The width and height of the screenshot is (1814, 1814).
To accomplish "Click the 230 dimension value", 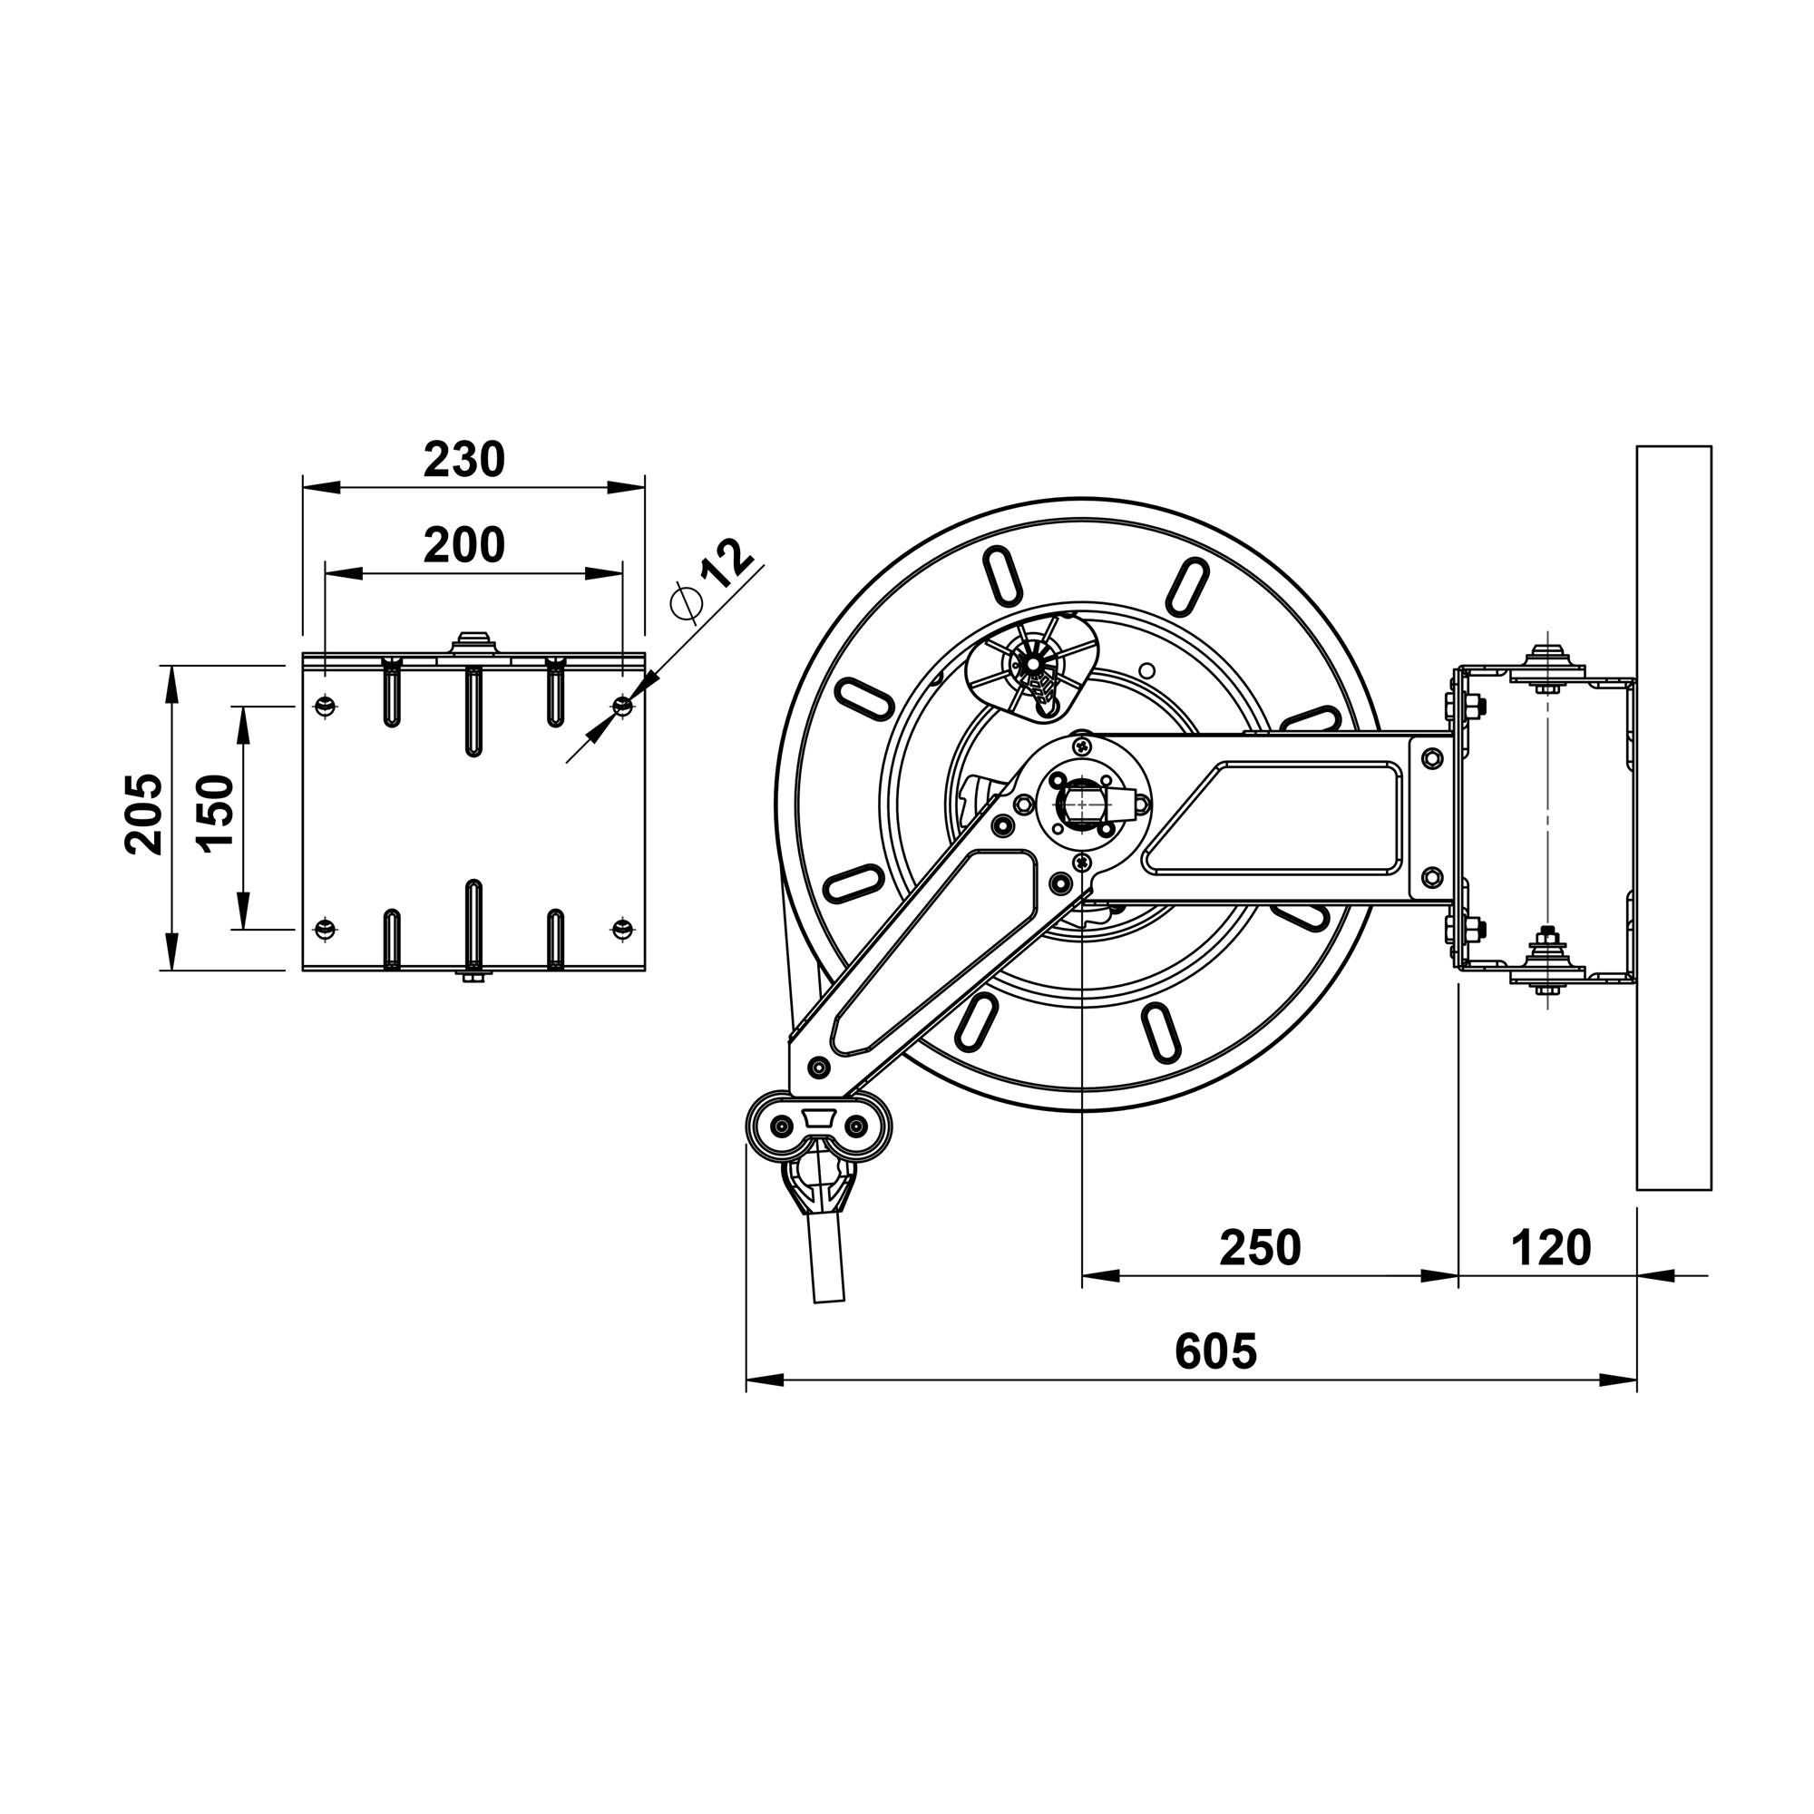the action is point(463,460).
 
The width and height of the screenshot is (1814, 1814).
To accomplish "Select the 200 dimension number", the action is point(463,545).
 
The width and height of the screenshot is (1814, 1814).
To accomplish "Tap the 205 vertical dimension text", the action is point(142,814).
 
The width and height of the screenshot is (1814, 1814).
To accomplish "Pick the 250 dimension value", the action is point(1260,1249).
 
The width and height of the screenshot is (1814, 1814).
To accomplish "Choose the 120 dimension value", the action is point(1551,1249).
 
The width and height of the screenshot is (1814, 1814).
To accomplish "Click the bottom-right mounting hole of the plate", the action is point(621,928).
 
